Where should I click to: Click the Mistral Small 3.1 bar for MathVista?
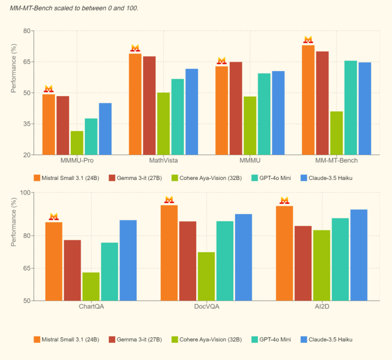click(135, 104)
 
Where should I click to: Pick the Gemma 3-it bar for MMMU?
click(236, 108)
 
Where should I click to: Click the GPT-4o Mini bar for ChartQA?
click(109, 271)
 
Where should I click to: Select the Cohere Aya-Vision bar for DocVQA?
click(206, 277)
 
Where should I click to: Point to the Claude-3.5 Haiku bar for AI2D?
click(359, 255)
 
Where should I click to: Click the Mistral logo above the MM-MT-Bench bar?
click(308, 40)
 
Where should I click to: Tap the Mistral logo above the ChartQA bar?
click(54, 217)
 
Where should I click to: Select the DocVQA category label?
click(206, 307)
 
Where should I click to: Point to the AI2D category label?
click(322, 307)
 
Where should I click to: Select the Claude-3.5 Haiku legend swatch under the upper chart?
click(303, 178)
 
